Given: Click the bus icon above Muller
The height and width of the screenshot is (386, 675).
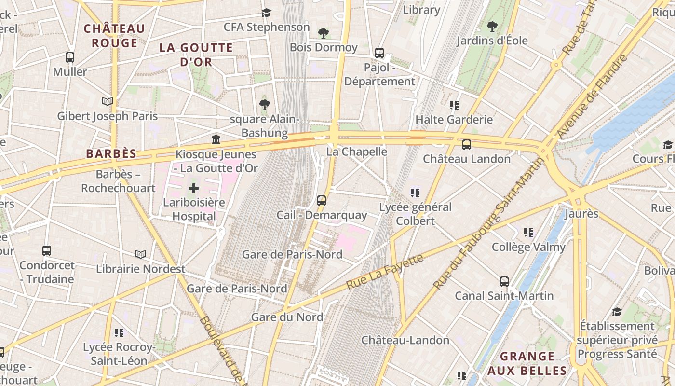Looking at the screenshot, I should coord(70,57).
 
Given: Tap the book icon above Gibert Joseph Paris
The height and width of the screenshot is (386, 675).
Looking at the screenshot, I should coord(108,101).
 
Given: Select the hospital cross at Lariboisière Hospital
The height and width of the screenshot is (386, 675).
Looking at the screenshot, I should coord(193,188).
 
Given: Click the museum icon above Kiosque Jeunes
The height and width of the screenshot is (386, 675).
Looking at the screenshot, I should coord(216,140).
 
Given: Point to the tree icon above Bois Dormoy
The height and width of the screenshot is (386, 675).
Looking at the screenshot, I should coord(324,33).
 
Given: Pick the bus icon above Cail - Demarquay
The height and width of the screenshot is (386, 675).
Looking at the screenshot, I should coord(322,201).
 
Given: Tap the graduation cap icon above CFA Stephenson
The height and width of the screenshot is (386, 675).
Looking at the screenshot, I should coord(267,13).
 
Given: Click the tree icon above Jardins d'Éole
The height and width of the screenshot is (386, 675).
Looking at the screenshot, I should coord(492,26).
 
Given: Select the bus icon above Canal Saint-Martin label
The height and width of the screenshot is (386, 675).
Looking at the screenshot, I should coord(504,282).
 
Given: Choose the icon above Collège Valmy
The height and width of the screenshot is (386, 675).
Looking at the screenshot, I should coord(528,233).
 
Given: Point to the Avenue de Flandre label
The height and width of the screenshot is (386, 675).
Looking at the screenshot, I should coord(593,96).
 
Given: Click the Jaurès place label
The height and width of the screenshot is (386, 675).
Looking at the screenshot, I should coord(581,214).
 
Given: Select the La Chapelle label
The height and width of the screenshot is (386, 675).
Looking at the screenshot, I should coord(357,152).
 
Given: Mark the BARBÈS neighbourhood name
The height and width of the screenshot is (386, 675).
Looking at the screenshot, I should coord(111,154).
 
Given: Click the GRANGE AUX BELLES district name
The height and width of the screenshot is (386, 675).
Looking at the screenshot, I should coord(527,363).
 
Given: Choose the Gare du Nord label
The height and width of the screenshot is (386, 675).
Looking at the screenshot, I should coord(287,317).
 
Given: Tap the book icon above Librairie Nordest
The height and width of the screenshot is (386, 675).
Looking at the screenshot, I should coord(141,254).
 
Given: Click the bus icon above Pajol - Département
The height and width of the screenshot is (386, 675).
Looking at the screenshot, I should coord(379,53).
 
